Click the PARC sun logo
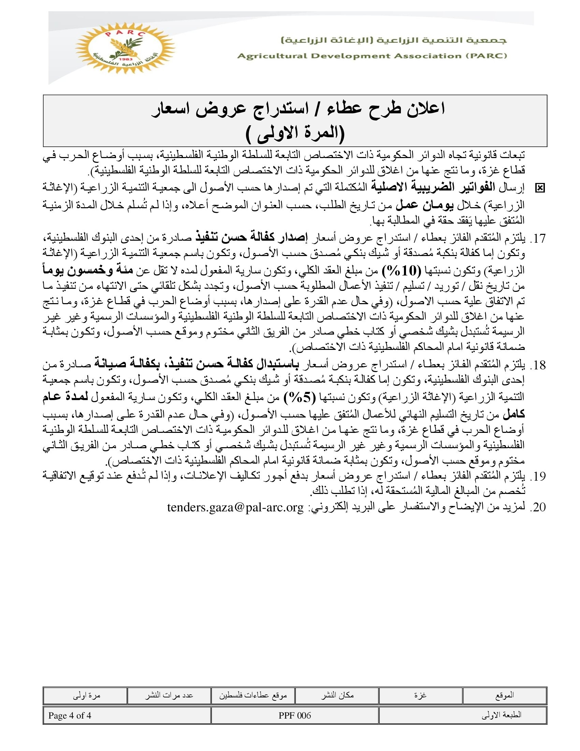pos(125,48)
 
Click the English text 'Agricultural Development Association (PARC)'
pos(372,56)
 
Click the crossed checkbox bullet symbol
pos(540,188)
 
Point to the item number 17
pos(538,238)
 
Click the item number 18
pos(538,365)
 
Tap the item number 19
pos(538,476)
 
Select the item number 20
pos(538,507)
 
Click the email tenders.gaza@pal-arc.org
pos(235,507)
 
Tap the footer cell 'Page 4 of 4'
pos(70,715)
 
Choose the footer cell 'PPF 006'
pos(295,715)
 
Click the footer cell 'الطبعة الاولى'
pos(501,715)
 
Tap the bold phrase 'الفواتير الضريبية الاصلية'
pos(432,187)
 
